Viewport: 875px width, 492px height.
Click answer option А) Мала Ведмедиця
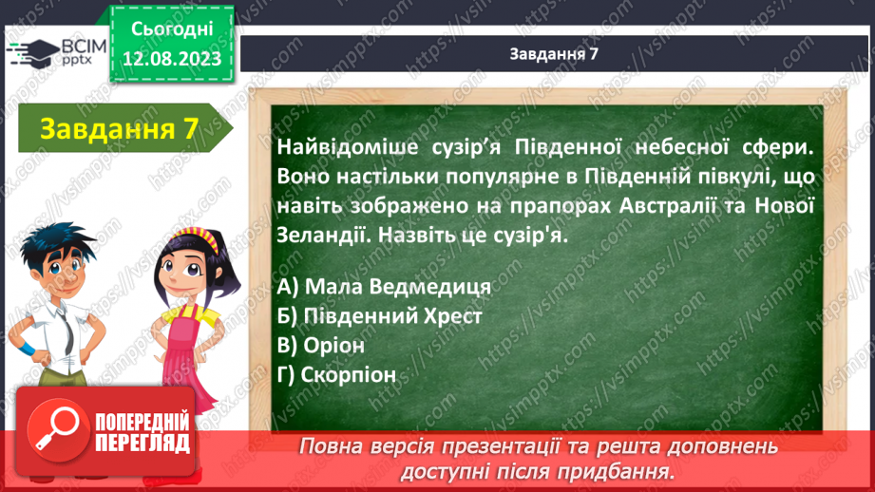(384, 287)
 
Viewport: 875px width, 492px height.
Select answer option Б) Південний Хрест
(379, 316)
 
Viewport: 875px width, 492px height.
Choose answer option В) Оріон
(321, 346)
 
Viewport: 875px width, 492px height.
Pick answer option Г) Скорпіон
(336, 375)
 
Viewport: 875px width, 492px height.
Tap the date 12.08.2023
(172, 59)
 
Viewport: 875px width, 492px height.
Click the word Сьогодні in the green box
(172, 29)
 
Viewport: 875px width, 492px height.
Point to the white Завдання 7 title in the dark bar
(554, 53)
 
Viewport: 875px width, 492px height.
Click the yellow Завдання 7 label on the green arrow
(120, 129)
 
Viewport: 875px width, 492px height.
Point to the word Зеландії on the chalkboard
(323, 235)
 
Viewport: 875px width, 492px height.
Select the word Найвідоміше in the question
(348, 147)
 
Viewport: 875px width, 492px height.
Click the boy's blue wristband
(26, 350)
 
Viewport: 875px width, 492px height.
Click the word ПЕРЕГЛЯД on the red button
(143, 444)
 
